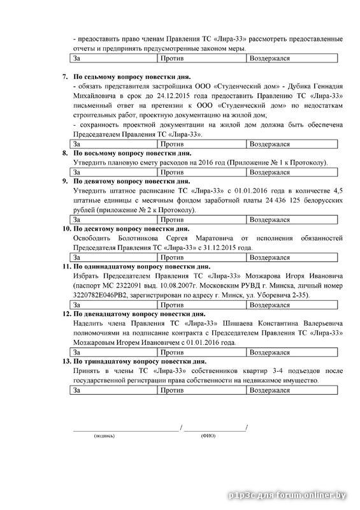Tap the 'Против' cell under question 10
point(201,257)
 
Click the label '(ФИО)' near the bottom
point(208,436)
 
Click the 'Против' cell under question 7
point(201,144)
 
